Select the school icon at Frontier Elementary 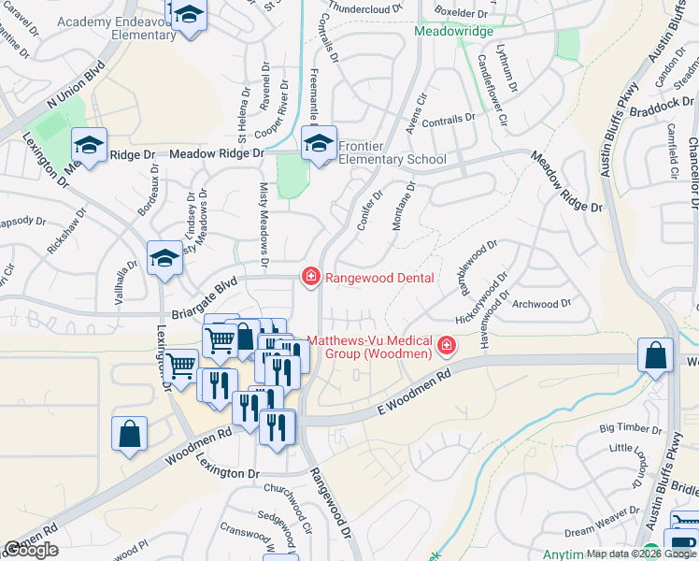tap(319, 145)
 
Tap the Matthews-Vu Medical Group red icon tap(447, 348)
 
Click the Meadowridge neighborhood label tap(453, 32)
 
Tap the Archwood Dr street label tap(542, 304)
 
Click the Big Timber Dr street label tap(631, 428)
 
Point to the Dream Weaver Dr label tap(601, 530)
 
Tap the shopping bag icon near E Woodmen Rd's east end tap(655, 356)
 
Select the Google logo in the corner tap(31, 551)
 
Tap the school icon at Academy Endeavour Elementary tap(190, 16)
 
